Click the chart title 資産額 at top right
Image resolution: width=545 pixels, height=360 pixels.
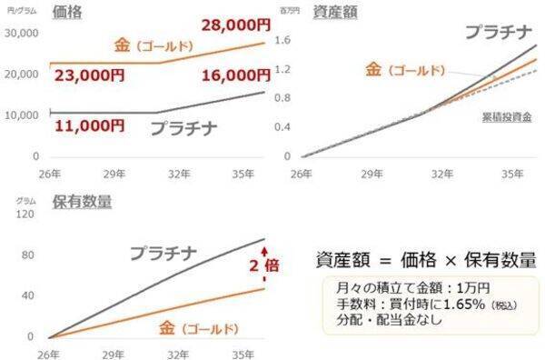[x=332, y=13]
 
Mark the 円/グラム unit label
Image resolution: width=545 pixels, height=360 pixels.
[x=16, y=11]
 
